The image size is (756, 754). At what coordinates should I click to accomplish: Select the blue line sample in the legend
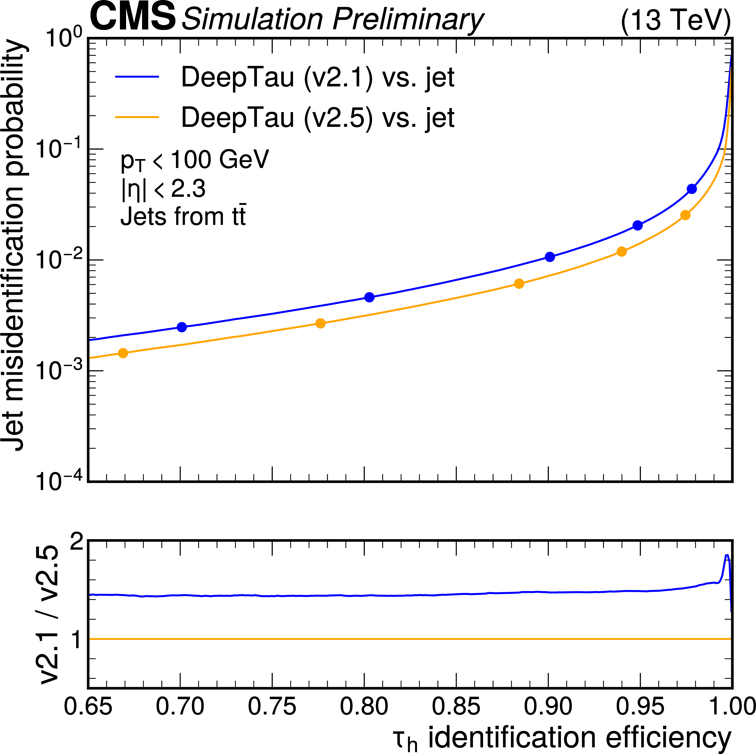point(137,77)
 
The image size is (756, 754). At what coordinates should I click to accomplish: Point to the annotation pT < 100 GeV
point(194,160)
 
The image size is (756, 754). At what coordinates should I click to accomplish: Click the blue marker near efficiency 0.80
point(369,297)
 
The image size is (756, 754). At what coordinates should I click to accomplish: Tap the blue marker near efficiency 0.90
point(550,257)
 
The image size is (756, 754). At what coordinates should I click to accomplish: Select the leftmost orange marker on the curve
point(123,353)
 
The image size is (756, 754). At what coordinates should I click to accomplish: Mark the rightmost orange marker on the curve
point(685,215)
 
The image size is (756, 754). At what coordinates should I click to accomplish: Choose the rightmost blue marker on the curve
point(692,189)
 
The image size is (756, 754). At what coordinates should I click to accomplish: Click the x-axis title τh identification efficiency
point(562,738)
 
